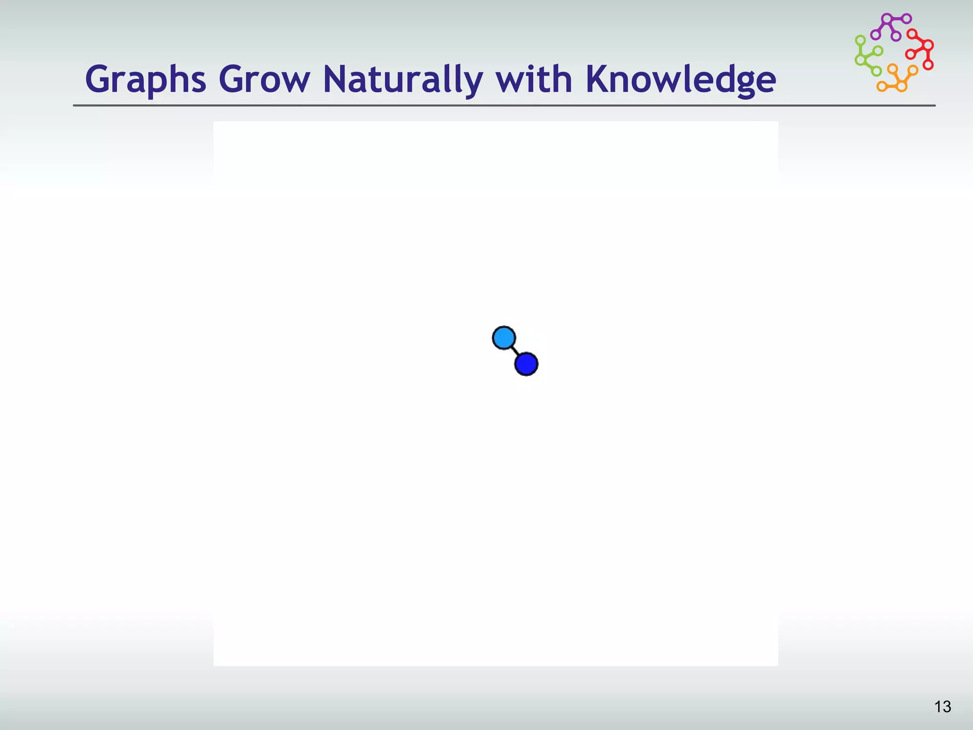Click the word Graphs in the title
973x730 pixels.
pyautogui.click(x=145, y=79)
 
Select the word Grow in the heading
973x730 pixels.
pyautogui.click(x=264, y=79)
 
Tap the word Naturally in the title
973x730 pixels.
pyautogui.click(x=403, y=79)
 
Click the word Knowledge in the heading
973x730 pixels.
pyautogui.click(x=680, y=79)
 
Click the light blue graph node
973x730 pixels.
pyautogui.click(x=504, y=338)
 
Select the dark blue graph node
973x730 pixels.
pyautogui.click(x=526, y=364)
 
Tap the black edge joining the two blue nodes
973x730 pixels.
pyautogui.click(x=515, y=351)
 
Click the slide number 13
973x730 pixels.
pyautogui.click(x=943, y=707)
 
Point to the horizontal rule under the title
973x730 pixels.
pyautogui.click(x=504, y=106)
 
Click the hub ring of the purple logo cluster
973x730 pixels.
pyautogui.click(x=887, y=19)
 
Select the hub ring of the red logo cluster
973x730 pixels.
pyautogui.click(x=928, y=46)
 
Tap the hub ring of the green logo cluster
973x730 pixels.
pyautogui.click(x=860, y=60)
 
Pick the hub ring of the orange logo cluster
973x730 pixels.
pyautogui.click(x=901, y=86)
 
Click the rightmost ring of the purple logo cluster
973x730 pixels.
pyautogui.click(x=906, y=19)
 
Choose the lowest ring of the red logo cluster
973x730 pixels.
pyautogui.click(x=928, y=65)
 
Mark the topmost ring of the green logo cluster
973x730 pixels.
pyautogui.click(x=860, y=40)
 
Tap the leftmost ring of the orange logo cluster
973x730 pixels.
pyautogui.click(x=882, y=86)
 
